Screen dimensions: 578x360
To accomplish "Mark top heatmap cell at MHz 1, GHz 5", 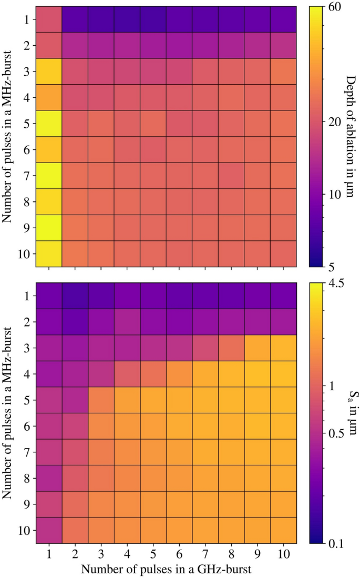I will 153,19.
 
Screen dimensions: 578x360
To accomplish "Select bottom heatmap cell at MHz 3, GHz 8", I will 232,348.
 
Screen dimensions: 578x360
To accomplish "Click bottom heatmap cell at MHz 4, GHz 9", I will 258,374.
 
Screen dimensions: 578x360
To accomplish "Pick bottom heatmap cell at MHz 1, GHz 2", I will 75,296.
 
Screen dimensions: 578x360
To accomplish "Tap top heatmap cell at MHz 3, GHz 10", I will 284,72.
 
